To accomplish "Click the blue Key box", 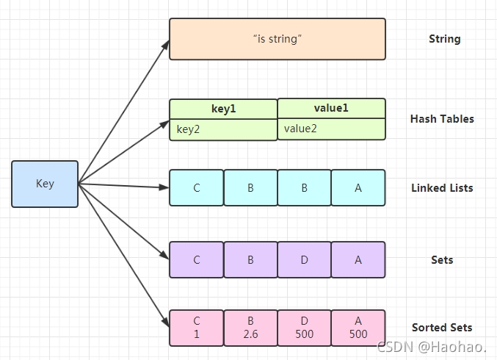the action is point(45,184).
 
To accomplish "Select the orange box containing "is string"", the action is point(277,39).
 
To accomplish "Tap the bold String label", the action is point(445,39).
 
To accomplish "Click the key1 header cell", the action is point(223,109).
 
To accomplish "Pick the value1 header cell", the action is point(332,109).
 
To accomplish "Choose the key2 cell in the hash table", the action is point(223,130).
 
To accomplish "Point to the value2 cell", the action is point(332,129).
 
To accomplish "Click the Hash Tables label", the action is point(442,119).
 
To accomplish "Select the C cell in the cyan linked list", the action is point(197,188).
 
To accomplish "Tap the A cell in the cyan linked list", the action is point(358,188).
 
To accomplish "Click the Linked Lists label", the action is point(442,188).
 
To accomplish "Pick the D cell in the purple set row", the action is point(304,260).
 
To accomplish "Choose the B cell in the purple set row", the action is point(250,260).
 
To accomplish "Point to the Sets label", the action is point(442,260).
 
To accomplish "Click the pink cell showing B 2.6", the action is point(250,328).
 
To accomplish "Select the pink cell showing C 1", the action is point(197,328).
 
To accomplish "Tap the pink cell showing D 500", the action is point(304,328).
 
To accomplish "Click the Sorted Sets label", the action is point(442,328).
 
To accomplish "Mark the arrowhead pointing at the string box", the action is point(166,45).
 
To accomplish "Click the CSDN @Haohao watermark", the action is point(432,347).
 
